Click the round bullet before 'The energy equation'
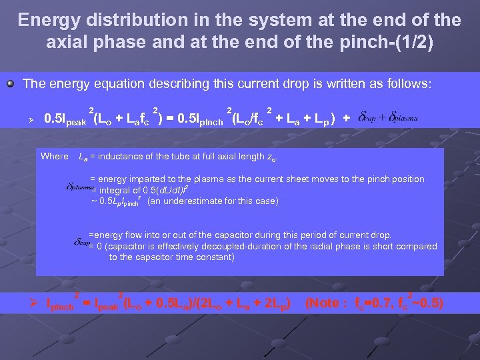11,85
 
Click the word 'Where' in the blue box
55,156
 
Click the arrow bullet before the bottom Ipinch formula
38,304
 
